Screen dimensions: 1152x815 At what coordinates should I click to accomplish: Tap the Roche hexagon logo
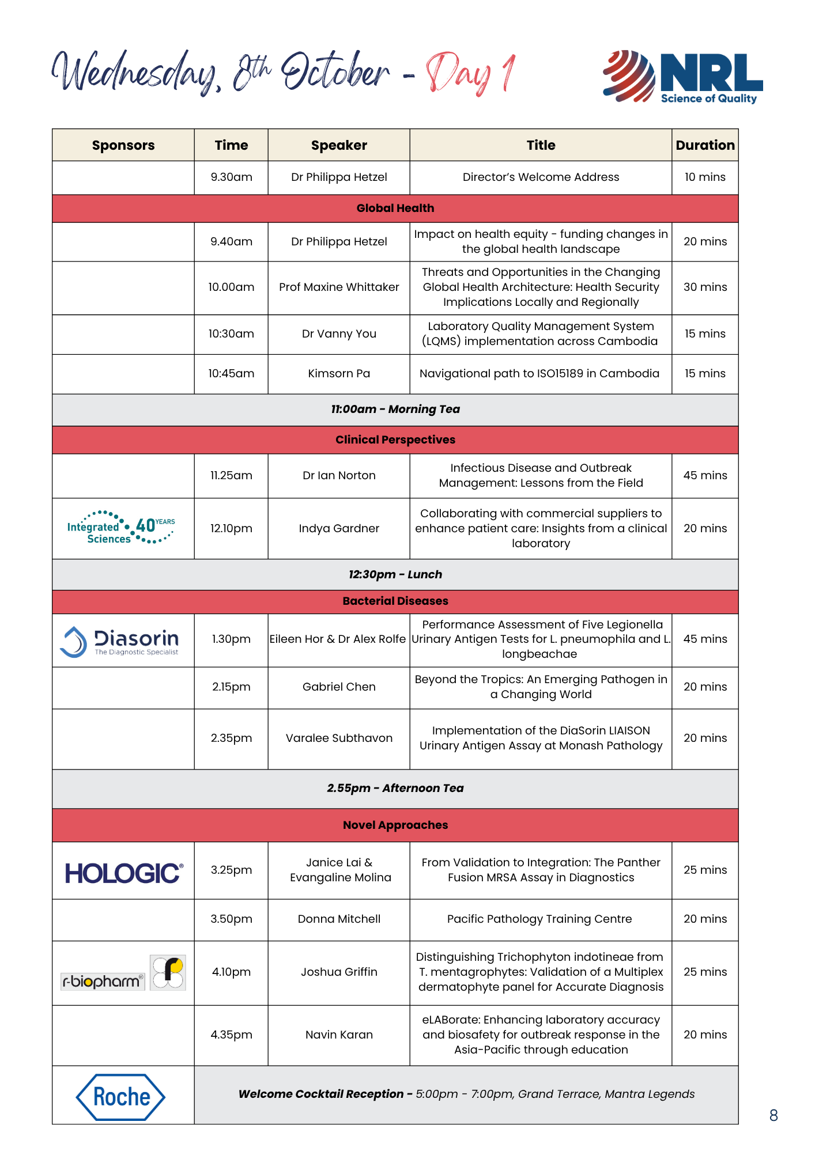coord(120,1097)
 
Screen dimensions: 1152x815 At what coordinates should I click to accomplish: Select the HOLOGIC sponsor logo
coord(124,873)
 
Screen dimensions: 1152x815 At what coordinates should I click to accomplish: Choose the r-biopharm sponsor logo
coord(123,973)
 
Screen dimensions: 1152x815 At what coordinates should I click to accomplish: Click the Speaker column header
coord(339,145)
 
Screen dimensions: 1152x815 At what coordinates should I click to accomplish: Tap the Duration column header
coord(705,145)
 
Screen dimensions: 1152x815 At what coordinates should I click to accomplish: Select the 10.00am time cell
coord(231,287)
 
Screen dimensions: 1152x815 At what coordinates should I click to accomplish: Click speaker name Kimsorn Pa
coord(339,374)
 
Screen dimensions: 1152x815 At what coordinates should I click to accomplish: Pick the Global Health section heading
coord(395,209)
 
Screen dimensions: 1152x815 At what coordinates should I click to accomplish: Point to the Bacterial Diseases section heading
coord(395,601)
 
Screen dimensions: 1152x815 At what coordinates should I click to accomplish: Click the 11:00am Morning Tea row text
coord(395,410)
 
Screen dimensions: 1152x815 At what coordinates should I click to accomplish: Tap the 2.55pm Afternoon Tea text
coord(395,789)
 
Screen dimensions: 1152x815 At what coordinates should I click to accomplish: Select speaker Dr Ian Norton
coord(339,476)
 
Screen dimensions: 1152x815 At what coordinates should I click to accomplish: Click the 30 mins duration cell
coord(705,287)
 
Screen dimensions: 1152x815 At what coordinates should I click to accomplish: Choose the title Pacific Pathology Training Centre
coord(539,919)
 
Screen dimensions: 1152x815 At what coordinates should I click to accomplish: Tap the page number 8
coord(774,1116)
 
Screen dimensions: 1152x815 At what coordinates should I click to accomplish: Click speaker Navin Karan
coord(339,1035)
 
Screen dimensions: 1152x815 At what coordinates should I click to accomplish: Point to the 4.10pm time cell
coord(231,972)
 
